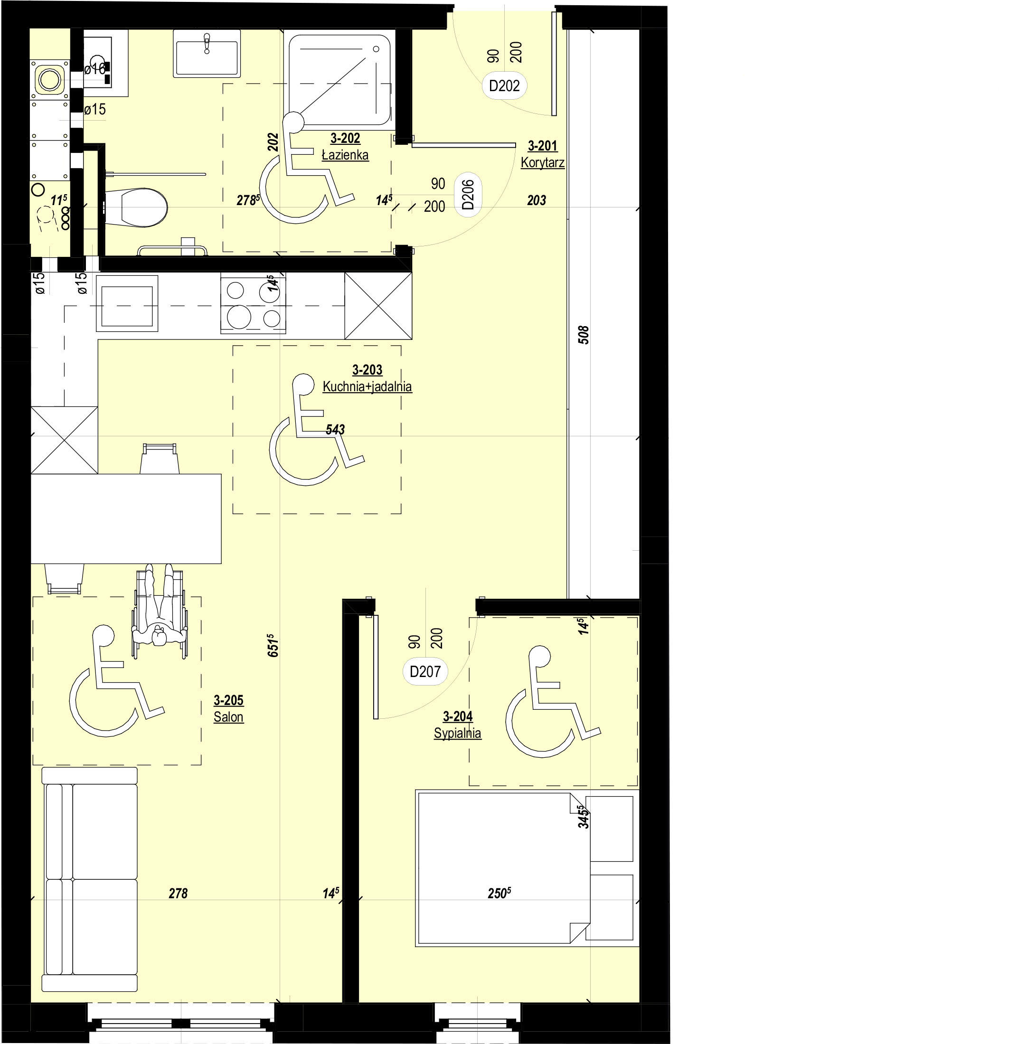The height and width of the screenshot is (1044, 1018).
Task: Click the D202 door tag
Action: (x=504, y=85)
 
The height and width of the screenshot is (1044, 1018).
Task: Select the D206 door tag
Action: (x=467, y=196)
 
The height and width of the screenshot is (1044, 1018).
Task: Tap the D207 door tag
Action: (x=424, y=671)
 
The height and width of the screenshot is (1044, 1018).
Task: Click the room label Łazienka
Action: (x=345, y=156)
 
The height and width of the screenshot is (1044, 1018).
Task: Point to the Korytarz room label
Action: (x=543, y=162)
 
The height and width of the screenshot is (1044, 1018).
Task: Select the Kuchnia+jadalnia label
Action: (x=367, y=386)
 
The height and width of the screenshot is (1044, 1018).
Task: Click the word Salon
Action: (x=228, y=717)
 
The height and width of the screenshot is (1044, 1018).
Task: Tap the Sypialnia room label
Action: (x=457, y=733)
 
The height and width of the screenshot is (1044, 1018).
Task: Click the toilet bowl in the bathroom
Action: (x=136, y=207)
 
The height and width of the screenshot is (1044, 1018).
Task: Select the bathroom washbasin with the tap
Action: (x=207, y=52)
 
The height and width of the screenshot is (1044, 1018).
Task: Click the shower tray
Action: (x=339, y=81)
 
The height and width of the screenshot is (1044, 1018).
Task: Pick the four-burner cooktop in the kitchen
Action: (x=253, y=304)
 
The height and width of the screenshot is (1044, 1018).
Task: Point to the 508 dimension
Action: (x=584, y=335)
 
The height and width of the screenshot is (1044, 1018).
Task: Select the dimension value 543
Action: (x=335, y=429)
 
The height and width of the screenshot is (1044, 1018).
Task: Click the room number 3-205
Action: (x=228, y=700)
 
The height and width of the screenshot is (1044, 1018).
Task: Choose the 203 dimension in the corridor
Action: (x=536, y=200)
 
